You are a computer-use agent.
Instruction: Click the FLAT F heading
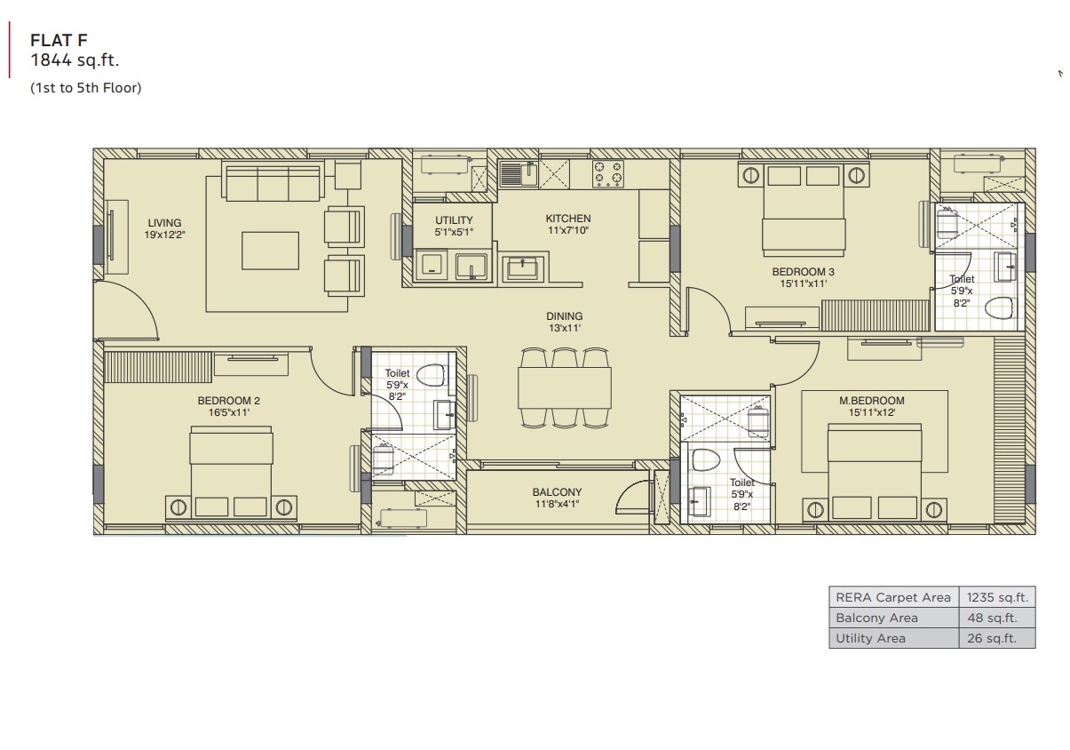pyautogui.click(x=59, y=40)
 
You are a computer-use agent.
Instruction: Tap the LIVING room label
pyautogui.click(x=164, y=223)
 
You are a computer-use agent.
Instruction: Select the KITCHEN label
pyautogui.click(x=568, y=219)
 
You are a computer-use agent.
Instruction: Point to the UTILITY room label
pyautogui.click(x=454, y=220)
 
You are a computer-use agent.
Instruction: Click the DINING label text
pyautogui.click(x=564, y=316)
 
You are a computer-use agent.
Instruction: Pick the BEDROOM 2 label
pyautogui.click(x=229, y=401)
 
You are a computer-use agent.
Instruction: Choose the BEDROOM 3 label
pyautogui.click(x=803, y=272)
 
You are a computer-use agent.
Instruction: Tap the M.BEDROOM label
pyautogui.click(x=872, y=401)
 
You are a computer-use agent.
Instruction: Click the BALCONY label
pyautogui.click(x=557, y=492)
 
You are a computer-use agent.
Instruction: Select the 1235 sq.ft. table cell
pyautogui.click(x=997, y=597)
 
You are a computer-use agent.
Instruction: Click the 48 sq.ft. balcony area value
pyautogui.click(x=992, y=618)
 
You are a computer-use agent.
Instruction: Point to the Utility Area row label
pyautogui.click(x=870, y=639)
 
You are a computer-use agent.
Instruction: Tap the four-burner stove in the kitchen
pyautogui.click(x=607, y=173)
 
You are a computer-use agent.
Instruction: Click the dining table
pyautogui.click(x=564, y=387)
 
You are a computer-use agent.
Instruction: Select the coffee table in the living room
pyautogui.click(x=270, y=251)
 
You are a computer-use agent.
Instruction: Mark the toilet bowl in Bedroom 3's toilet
pyautogui.click(x=999, y=307)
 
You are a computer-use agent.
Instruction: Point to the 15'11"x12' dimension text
pyautogui.click(x=872, y=412)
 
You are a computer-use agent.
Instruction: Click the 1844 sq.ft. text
pyautogui.click(x=75, y=60)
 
